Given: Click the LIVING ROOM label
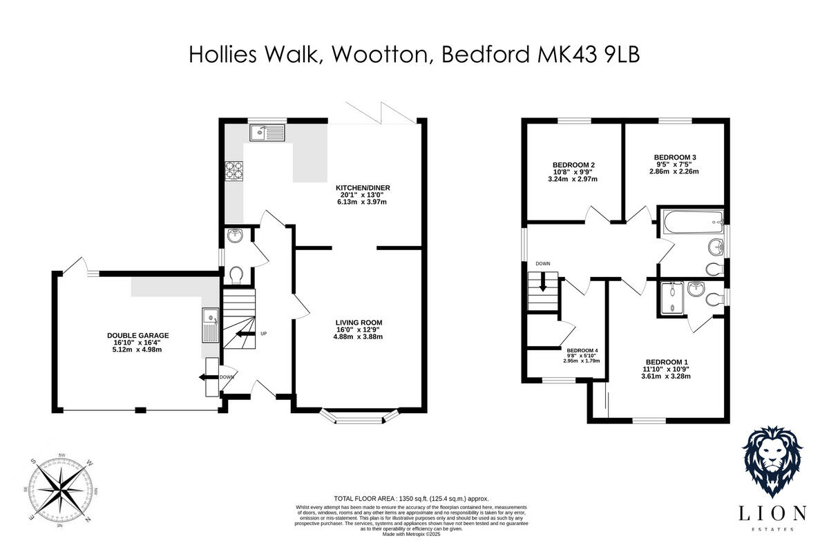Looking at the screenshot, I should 359,323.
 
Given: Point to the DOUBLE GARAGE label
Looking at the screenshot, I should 138,335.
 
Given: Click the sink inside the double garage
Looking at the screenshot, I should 210,325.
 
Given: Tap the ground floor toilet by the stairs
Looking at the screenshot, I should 236,274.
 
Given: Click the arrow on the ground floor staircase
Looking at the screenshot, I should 242,334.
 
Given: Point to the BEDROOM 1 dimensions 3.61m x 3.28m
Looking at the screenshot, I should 666,376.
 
